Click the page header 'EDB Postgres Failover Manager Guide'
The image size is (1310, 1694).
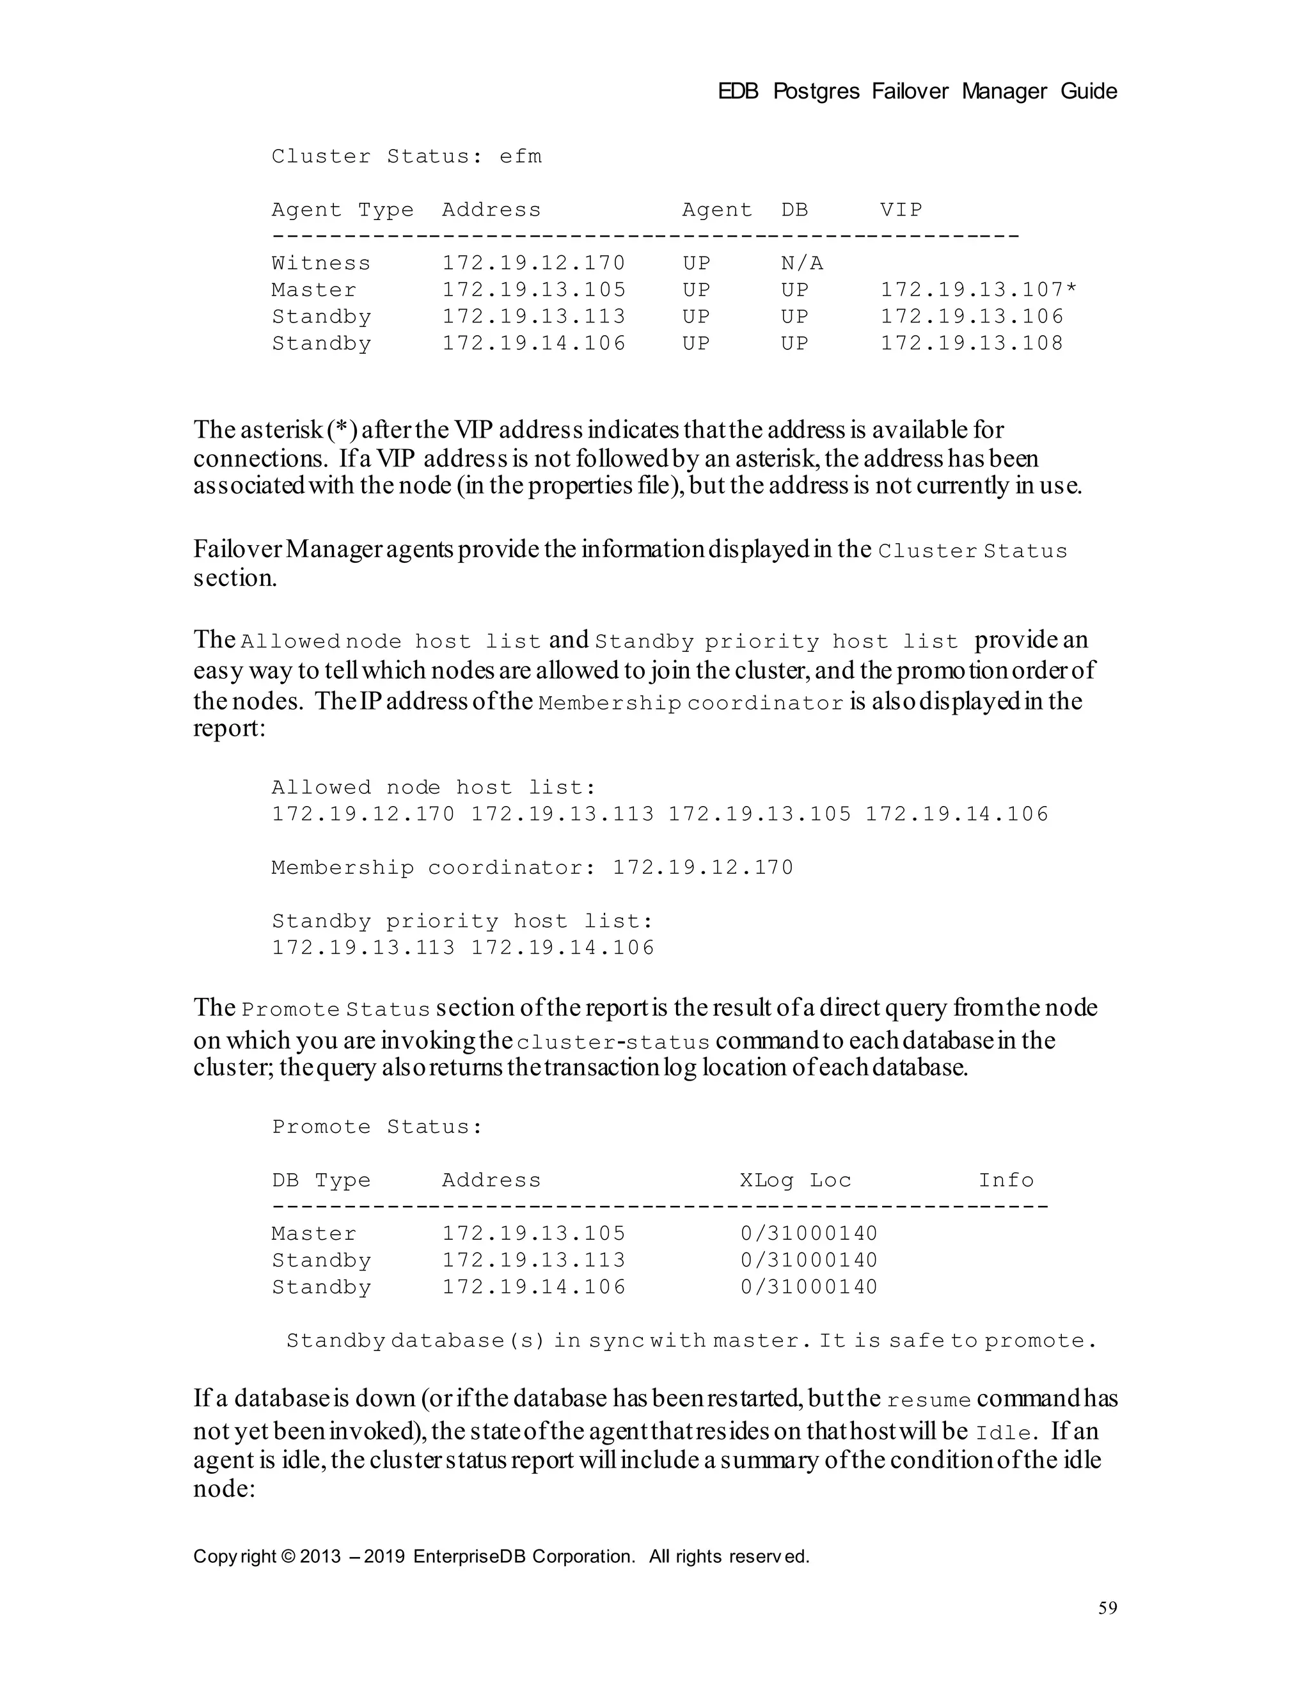pos(917,91)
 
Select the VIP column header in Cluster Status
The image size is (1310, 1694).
pos(901,210)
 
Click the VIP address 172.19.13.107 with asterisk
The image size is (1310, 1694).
pos(978,290)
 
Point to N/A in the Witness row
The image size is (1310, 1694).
pos(801,264)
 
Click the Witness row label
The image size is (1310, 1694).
pos(321,264)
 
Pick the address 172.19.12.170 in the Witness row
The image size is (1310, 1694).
pos(533,264)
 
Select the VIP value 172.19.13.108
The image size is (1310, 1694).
pos(971,344)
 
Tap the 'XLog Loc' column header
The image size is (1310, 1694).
pos(795,1180)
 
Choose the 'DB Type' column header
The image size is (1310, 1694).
pos(321,1180)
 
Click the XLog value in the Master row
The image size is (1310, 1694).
pos(808,1234)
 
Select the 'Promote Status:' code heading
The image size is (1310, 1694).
pos(377,1127)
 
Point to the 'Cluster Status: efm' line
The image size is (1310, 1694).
pos(406,157)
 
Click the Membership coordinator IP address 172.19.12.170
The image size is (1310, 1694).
pos(703,867)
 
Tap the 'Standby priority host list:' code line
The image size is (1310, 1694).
pos(463,921)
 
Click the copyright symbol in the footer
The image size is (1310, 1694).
pos(288,1556)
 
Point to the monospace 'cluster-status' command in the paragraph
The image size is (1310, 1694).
pos(613,1041)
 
